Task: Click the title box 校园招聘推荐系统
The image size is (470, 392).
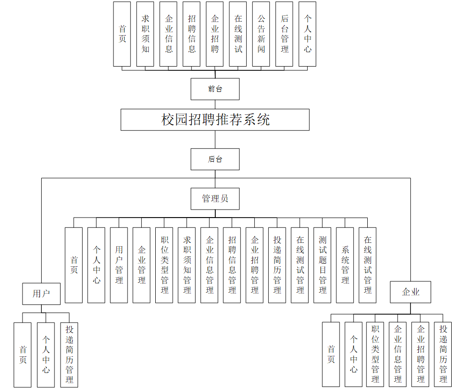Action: point(215,120)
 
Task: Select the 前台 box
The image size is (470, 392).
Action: point(215,89)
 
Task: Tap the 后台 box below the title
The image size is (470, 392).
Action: point(215,159)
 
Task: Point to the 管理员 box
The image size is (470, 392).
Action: point(215,199)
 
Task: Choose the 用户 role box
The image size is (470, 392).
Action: point(41,294)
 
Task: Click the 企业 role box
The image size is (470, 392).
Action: point(410,292)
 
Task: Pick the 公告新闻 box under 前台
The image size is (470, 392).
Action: point(261,34)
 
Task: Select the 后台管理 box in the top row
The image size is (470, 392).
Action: point(284,34)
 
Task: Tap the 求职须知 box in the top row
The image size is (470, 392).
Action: point(145,34)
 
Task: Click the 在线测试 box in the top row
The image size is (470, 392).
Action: point(238,34)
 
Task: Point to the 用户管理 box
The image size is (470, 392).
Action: point(119,265)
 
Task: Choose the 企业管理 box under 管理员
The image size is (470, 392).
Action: point(141,265)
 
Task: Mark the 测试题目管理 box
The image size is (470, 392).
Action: point(322,265)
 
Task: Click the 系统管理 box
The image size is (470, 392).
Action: point(345,265)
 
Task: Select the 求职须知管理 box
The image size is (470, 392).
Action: point(187,265)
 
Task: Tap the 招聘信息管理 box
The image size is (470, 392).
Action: point(232,265)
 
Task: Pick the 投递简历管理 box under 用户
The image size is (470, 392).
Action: point(69,354)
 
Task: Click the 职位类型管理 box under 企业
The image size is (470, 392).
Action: point(375,354)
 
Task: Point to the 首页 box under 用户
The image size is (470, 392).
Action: point(23,354)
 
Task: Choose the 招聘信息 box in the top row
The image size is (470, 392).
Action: point(192,34)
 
